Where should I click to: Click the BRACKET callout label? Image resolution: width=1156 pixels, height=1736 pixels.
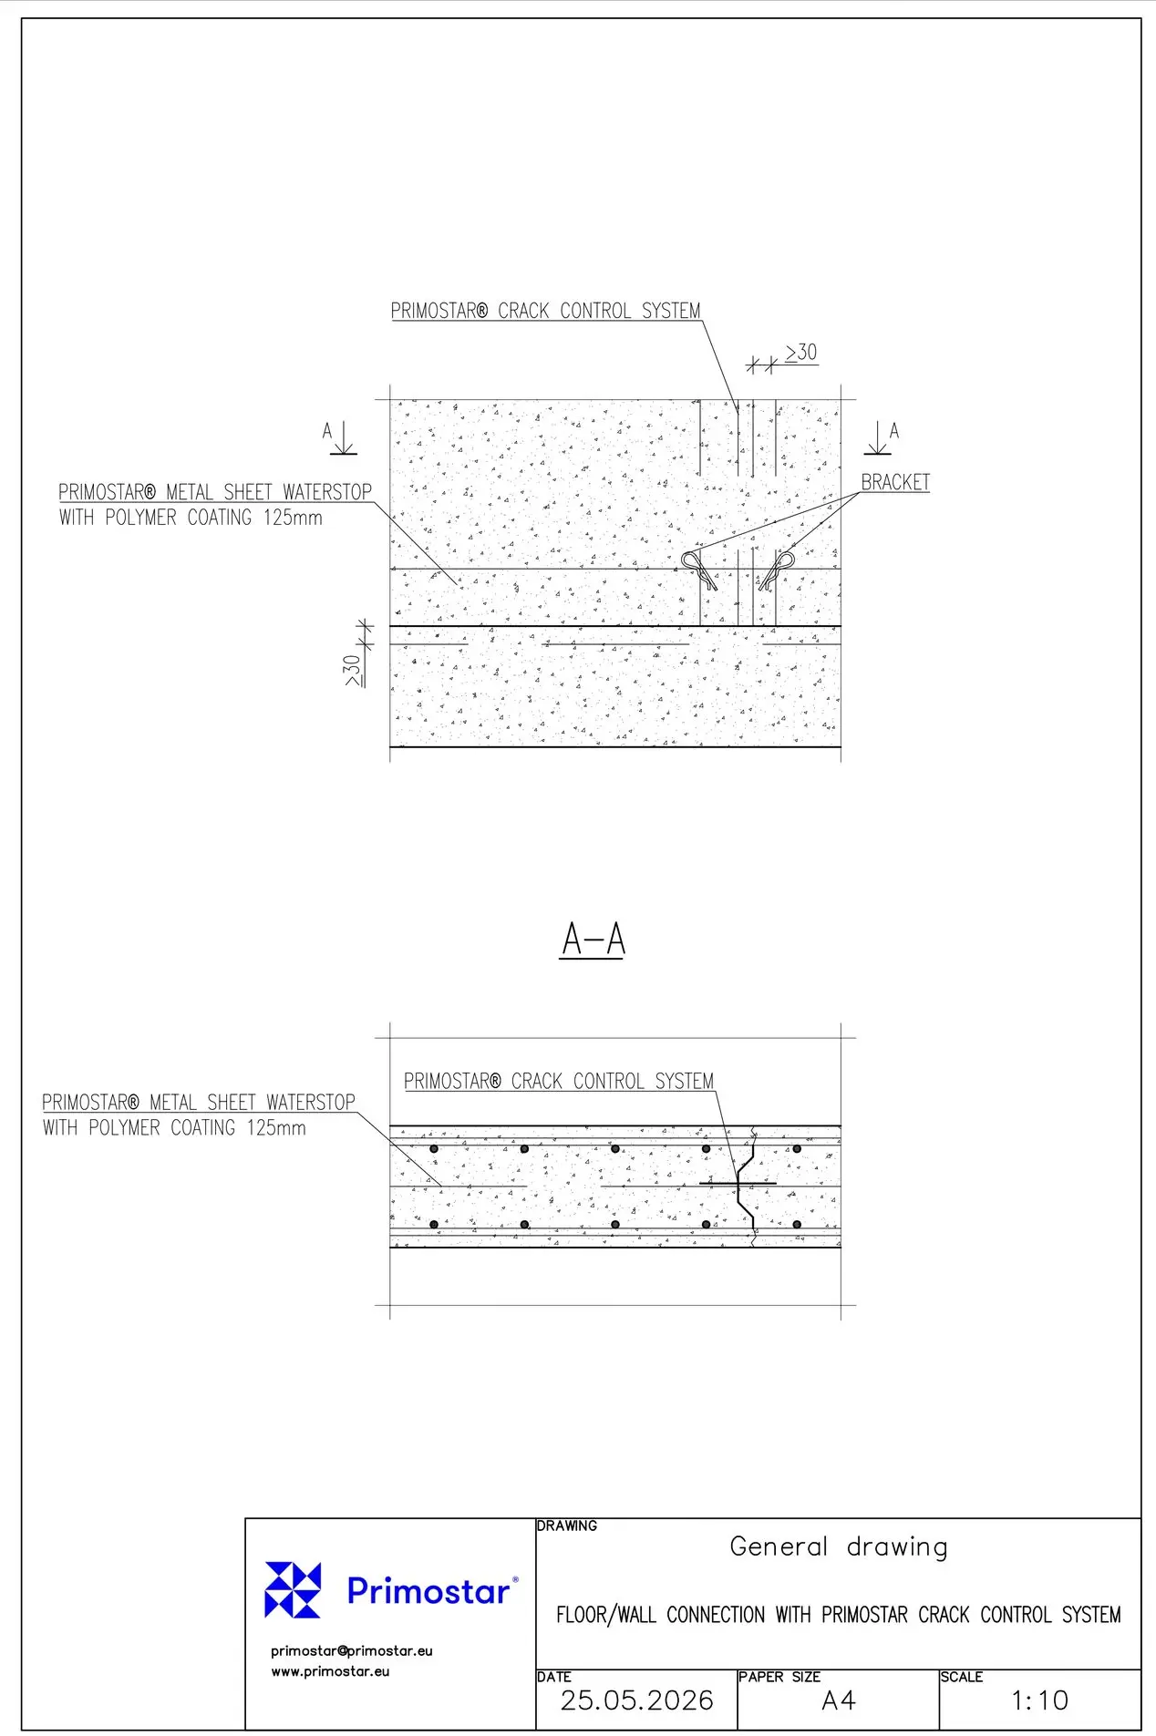click(x=895, y=482)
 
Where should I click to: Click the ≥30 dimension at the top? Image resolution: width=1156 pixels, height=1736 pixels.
click(x=801, y=353)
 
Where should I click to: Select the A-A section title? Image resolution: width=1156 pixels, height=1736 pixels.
click(x=593, y=939)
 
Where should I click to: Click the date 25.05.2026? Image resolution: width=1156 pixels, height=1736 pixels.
click(x=636, y=1700)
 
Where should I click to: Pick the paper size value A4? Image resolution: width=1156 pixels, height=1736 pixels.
click(x=839, y=1700)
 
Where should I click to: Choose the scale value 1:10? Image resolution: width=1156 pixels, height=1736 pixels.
click(x=1039, y=1700)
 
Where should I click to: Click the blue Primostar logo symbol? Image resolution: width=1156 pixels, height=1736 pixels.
click(x=293, y=1589)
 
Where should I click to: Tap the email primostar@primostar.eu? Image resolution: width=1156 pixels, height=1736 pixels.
click(x=352, y=1650)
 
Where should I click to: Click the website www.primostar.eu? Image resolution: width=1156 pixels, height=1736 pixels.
click(x=330, y=1671)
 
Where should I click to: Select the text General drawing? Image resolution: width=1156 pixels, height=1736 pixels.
click(x=839, y=1546)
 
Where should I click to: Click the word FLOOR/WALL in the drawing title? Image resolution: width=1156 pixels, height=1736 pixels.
click(x=605, y=1615)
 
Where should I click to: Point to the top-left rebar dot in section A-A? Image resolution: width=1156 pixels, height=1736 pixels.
click(x=434, y=1149)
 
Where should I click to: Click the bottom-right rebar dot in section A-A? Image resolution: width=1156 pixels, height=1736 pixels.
click(x=797, y=1224)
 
